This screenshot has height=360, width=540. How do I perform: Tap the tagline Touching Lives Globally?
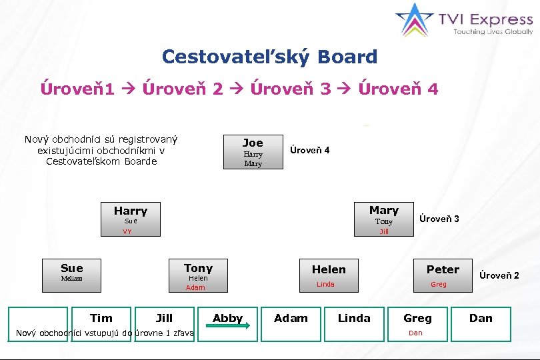493,31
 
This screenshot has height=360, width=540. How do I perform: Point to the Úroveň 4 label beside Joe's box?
309,150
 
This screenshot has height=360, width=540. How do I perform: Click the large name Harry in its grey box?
131,211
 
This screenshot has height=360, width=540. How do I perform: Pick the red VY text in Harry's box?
127,232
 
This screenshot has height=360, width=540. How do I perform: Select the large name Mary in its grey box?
384,210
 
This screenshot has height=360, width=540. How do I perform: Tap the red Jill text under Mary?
384,232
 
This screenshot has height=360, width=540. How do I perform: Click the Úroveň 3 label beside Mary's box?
439,219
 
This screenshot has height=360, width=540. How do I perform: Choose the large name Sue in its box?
71,268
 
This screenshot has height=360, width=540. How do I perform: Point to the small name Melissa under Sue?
71,279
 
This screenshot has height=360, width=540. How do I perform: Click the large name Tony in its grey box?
198,267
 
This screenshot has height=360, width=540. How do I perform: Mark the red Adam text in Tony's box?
195,288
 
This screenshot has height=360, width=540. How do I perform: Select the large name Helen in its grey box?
329,269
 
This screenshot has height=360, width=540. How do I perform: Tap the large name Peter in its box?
443,269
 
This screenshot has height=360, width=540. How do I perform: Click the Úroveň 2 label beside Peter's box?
499,275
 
